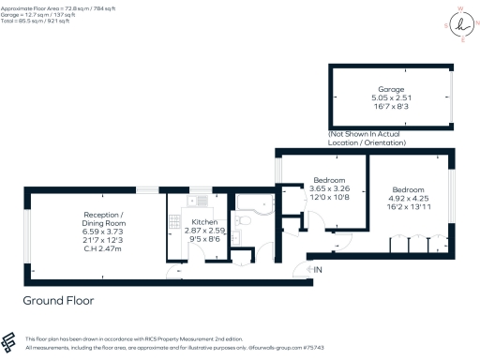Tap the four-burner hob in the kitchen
174,221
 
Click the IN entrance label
319,270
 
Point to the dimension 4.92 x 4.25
408,198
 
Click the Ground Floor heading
59,301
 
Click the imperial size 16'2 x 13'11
408,207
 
